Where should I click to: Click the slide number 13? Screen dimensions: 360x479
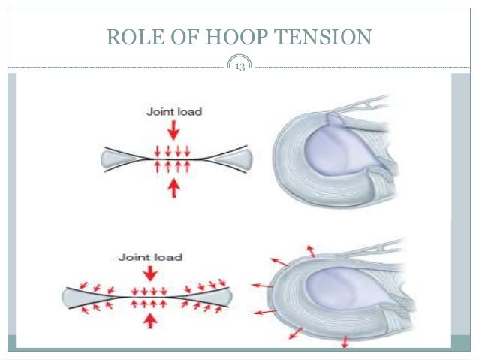click(x=240, y=67)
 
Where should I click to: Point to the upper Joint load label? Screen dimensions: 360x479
click(x=173, y=112)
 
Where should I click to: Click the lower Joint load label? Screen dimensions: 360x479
click(x=150, y=257)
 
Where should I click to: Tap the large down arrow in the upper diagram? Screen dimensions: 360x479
click(x=174, y=131)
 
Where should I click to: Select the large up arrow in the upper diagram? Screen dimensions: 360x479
click(x=174, y=188)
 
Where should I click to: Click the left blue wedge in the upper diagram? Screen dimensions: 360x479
click(x=115, y=159)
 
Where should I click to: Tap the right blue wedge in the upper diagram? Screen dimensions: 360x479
click(x=238, y=159)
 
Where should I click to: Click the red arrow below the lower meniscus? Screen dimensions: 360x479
click(x=344, y=341)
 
